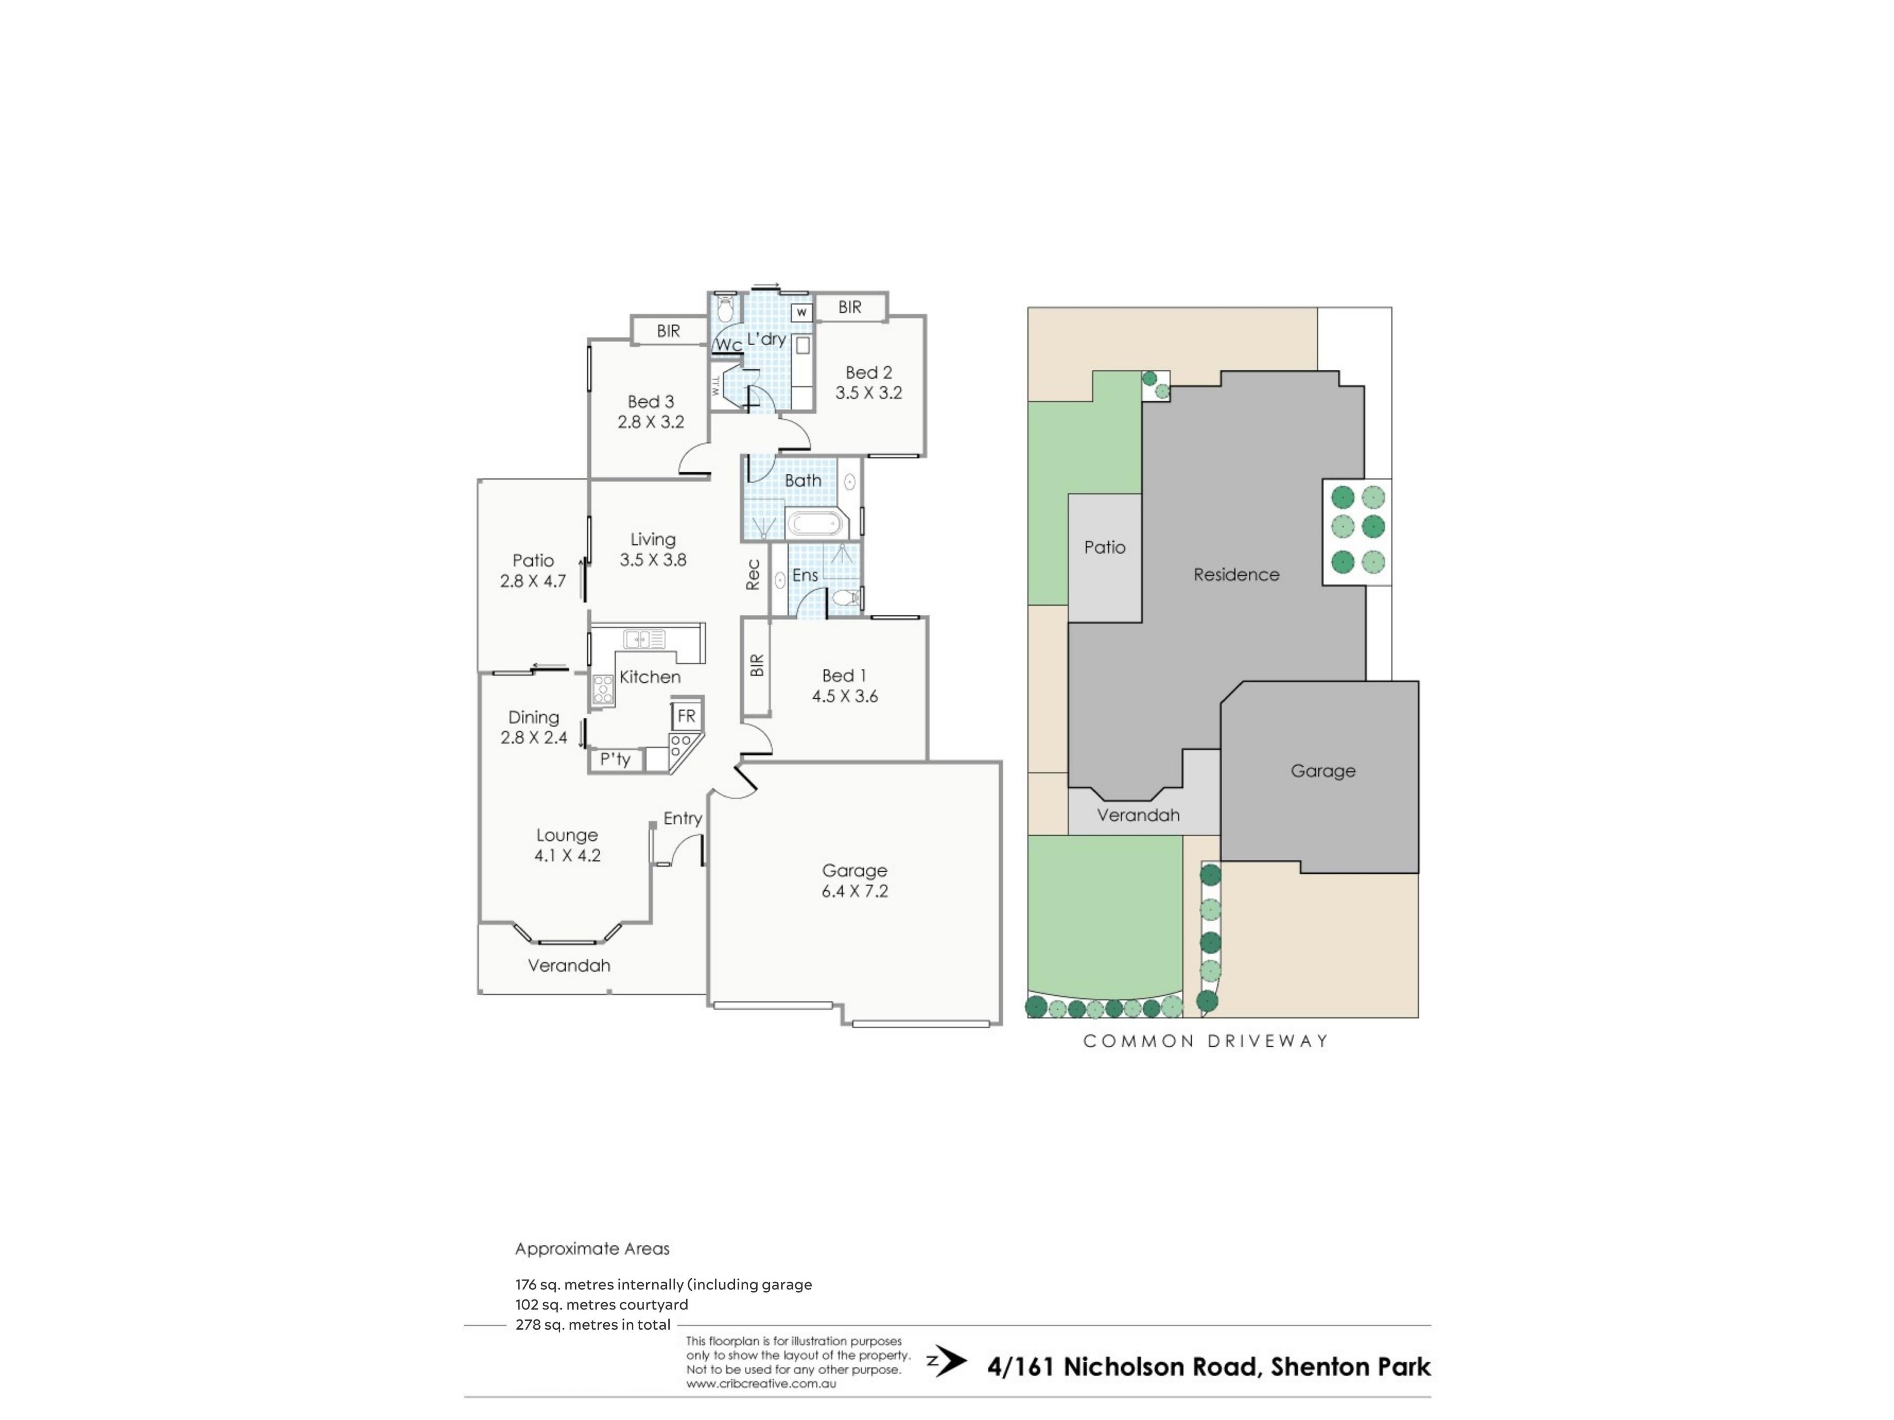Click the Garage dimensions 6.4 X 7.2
pos(855,891)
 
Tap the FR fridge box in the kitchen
pos(686,715)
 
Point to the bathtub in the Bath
pos(816,522)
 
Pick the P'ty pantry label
pos(615,759)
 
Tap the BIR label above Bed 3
pos(669,330)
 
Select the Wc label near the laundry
pos(728,345)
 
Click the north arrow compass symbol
pos(947,1362)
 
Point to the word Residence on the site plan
pos(1237,574)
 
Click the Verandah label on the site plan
pos(1138,815)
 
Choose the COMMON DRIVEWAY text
pos(1205,1041)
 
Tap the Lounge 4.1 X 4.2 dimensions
pos(568,855)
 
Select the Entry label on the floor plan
pos(683,818)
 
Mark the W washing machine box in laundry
pos(801,313)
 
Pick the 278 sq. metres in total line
pos(592,1324)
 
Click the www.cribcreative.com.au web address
pos(761,1383)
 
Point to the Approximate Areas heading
pos(592,1249)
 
